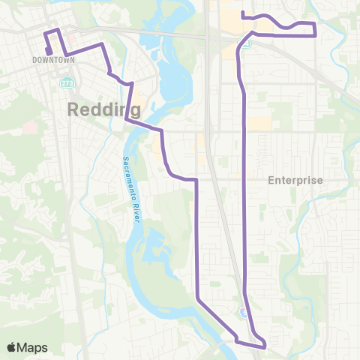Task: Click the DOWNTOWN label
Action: (46, 59)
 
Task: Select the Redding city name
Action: (104, 109)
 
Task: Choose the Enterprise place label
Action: (295, 181)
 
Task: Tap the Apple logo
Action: (12, 346)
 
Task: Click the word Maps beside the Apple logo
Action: (33, 347)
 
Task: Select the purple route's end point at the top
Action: (241, 13)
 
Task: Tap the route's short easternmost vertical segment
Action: (315, 29)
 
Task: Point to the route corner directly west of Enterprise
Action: (196, 180)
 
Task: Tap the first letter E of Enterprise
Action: (272, 181)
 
